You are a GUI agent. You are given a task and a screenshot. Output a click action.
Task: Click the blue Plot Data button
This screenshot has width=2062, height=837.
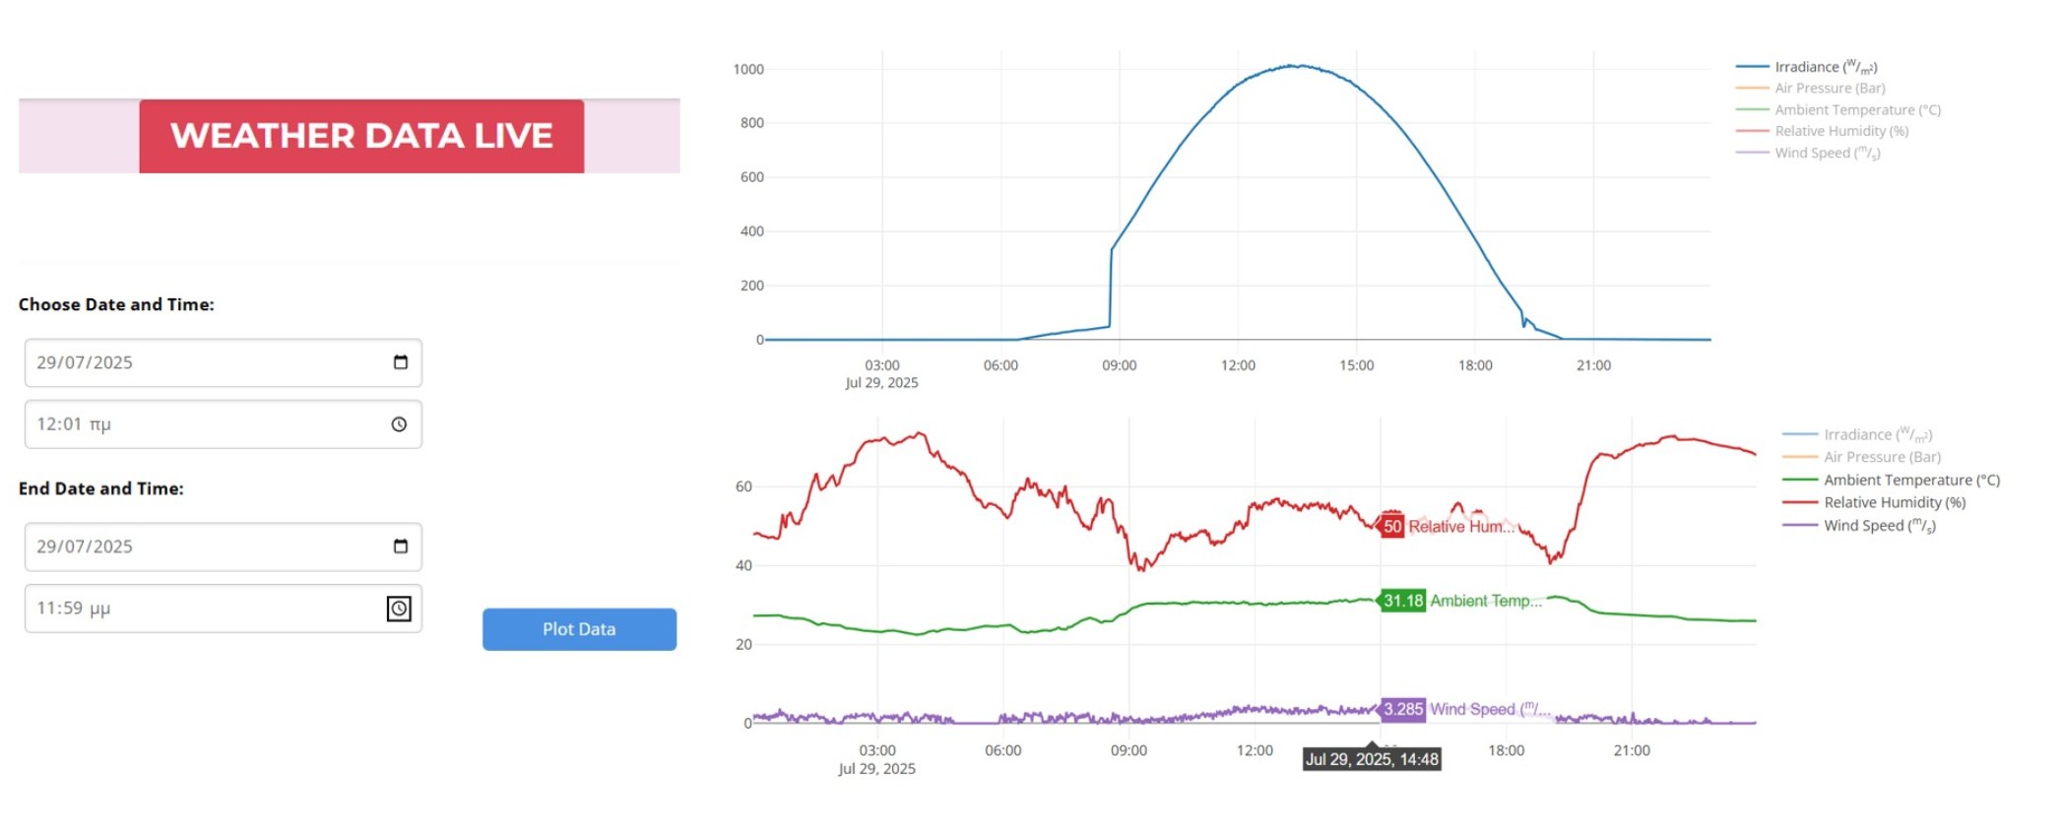click(579, 629)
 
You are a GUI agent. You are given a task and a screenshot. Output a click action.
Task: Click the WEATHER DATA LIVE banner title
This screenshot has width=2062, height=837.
click(361, 136)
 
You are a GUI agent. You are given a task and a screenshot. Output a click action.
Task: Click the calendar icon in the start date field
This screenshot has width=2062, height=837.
click(400, 362)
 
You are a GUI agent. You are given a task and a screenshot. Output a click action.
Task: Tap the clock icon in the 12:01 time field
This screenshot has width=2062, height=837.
click(399, 424)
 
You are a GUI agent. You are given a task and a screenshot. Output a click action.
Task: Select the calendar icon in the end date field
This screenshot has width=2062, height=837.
click(400, 547)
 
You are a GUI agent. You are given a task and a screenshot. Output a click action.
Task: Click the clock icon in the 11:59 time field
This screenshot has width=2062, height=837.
click(399, 609)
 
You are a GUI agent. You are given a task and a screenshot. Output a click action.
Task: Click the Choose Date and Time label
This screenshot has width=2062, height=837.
click(116, 304)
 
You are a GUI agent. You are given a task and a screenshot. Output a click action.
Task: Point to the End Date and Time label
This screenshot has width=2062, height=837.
click(101, 488)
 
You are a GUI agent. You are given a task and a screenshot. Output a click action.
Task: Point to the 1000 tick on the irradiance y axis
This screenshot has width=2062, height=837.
click(748, 70)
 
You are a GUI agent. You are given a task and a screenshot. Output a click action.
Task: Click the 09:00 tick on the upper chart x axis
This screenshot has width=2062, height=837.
click(1119, 365)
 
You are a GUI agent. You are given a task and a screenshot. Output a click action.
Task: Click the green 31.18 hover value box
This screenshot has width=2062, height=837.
click(1402, 601)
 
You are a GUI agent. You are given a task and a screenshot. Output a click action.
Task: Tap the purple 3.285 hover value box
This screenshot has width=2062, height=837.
click(1402, 709)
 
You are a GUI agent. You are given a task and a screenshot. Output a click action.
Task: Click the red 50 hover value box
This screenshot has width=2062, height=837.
click(1391, 527)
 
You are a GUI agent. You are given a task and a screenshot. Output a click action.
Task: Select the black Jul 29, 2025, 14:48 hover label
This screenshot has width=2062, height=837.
click(1372, 759)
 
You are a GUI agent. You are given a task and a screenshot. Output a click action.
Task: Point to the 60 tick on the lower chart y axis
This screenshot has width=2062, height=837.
click(743, 486)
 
